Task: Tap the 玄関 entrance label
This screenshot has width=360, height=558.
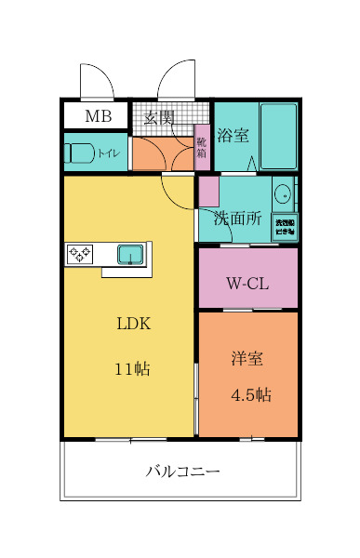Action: click(159, 117)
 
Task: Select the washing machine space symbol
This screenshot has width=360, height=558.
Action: click(283, 227)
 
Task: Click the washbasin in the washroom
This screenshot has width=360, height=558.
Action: click(283, 194)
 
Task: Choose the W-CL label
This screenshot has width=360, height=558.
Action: click(247, 284)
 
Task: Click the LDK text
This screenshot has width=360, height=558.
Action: click(133, 325)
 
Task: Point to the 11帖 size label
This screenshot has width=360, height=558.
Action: click(133, 368)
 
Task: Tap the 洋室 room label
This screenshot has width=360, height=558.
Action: click(249, 356)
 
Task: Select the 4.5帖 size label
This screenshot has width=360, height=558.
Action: click(250, 394)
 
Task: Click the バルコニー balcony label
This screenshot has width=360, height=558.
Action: click(182, 472)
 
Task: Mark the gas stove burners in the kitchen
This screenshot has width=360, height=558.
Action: click(78, 253)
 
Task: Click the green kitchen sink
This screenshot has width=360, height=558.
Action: click(129, 253)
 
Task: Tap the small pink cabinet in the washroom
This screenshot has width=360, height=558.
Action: click(208, 192)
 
